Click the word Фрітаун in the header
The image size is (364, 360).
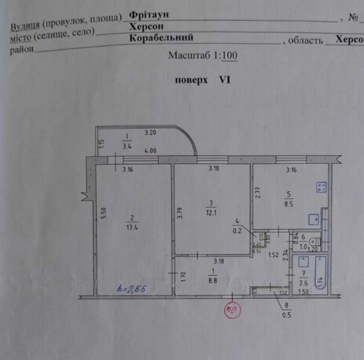click(150, 15)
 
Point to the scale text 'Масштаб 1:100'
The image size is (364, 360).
click(203, 56)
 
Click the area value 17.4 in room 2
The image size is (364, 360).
click(129, 225)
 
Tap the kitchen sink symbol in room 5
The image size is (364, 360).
click(314, 219)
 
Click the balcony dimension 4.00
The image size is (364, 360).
click(150, 151)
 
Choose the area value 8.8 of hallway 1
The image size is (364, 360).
click(211, 280)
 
